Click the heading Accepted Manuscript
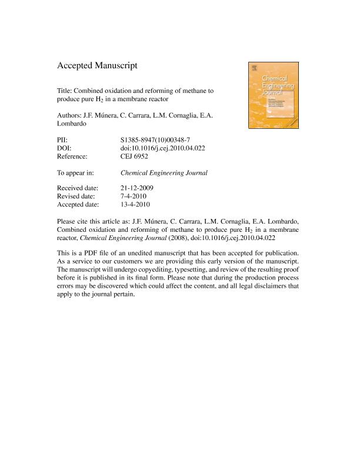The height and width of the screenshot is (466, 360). coord(97,66)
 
